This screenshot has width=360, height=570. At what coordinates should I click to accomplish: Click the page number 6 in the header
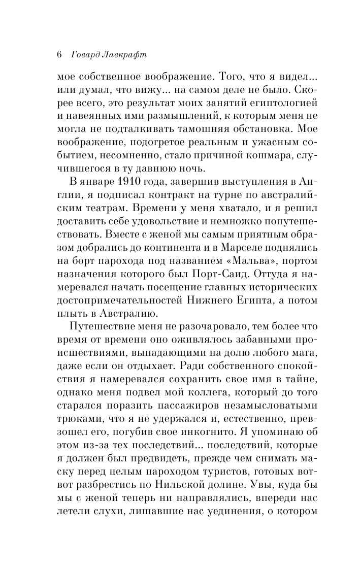(59, 54)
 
